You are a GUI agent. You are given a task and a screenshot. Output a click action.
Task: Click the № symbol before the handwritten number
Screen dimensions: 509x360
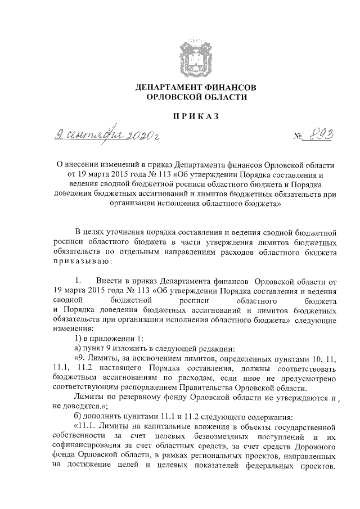click(x=298, y=137)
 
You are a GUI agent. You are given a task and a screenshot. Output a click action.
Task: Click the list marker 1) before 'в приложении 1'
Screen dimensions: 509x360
click(x=79, y=337)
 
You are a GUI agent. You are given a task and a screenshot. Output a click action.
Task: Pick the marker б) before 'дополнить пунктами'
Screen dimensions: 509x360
click(x=79, y=417)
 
